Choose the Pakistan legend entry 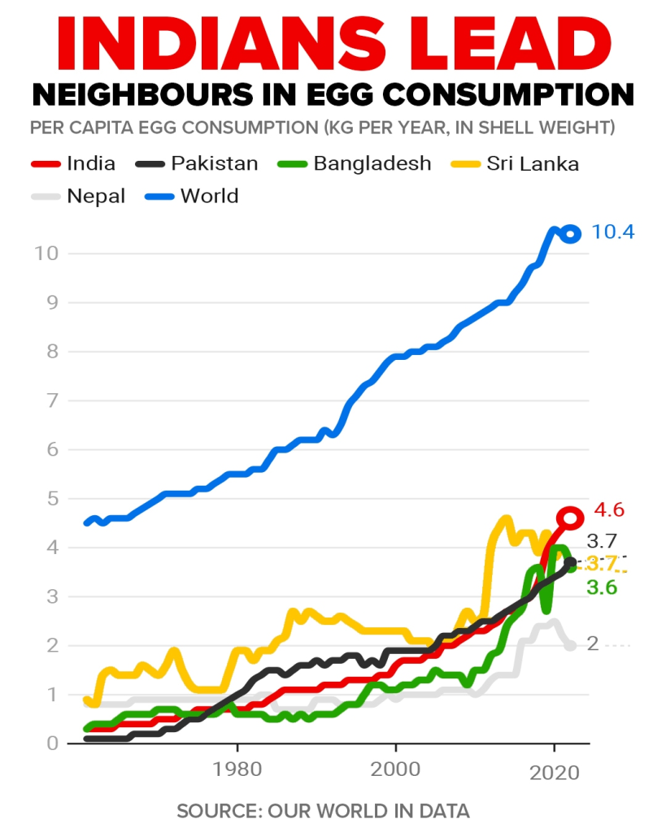[214, 163]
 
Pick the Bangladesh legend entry [372, 163]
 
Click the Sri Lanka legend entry [533, 163]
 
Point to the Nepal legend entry [96, 196]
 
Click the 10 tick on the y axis [46, 253]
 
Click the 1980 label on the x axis [237, 768]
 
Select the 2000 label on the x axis [396, 768]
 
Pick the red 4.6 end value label [609, 511]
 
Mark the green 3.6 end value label [602, 587]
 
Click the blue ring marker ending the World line [571, 234]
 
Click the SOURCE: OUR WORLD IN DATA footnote [323, 811]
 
